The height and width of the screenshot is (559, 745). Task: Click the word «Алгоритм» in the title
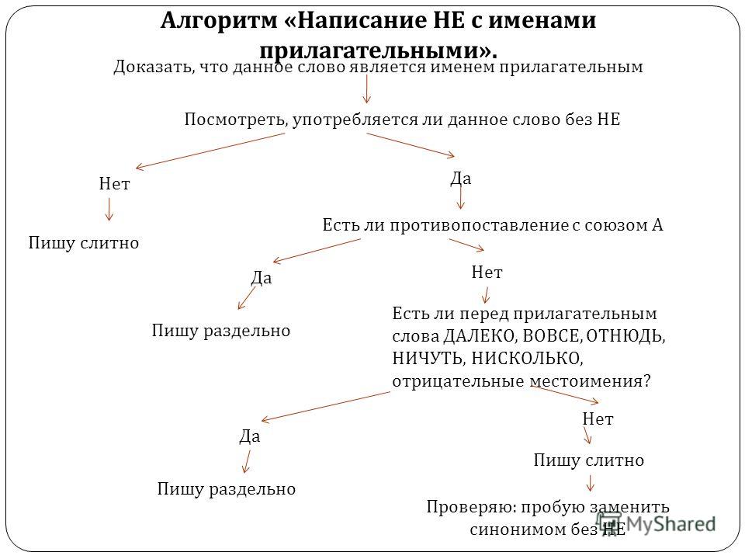[219, 21]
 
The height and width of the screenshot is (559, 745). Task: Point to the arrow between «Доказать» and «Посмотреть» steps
[366, 89]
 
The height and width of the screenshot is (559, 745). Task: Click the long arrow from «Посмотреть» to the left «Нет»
[210, 150]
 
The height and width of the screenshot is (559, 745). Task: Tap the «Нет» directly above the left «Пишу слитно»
[115, 184]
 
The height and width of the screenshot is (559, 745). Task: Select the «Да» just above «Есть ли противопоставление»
[461, 179]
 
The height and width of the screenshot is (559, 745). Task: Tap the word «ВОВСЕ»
[552, 336]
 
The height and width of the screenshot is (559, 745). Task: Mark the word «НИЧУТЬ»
[428, 359]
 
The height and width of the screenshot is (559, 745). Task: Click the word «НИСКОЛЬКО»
[527, 359]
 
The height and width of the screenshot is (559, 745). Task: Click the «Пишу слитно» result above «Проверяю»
[589, 460]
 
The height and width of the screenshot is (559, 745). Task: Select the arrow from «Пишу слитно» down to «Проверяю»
[590, 484]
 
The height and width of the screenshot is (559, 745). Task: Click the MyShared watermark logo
[656, 524]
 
